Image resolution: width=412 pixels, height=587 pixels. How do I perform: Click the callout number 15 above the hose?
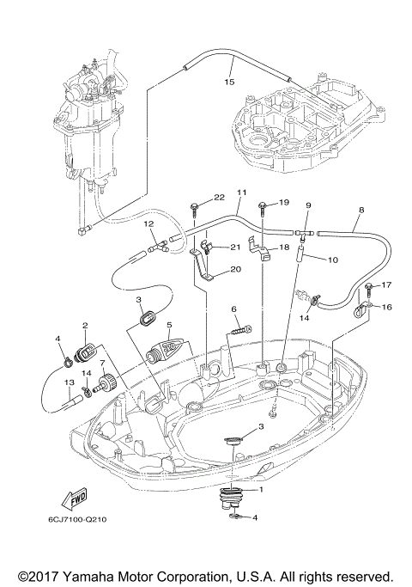(x=229, y=83)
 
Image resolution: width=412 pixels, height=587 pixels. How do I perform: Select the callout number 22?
(x=195, y=197)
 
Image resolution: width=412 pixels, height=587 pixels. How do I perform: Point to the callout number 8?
(x=361, y=210)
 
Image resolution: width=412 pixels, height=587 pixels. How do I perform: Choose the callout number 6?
(x=233, y=309)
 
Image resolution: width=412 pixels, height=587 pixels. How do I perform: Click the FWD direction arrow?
(x=76, y=500)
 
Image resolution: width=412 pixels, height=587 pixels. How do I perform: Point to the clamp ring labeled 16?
(x=360, y=306)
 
